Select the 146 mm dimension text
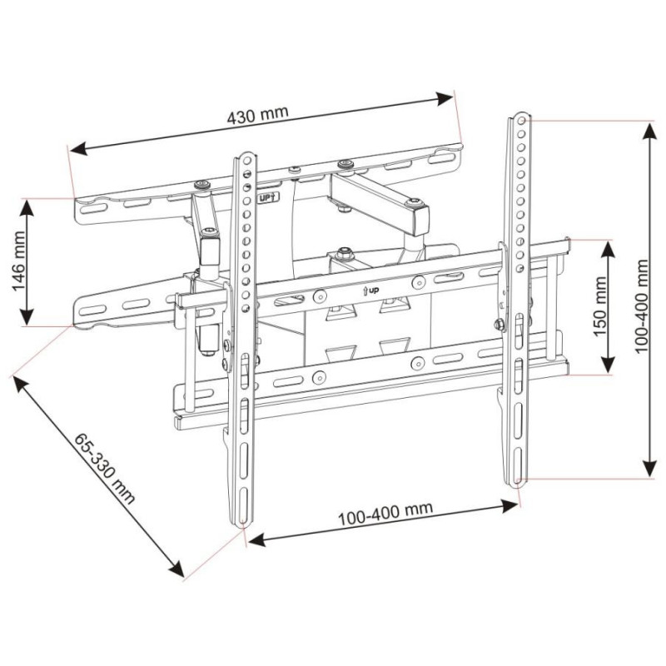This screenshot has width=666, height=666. [x=22, y=261]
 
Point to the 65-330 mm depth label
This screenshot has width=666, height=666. [x=104, y=470]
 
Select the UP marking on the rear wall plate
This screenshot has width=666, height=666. [x=266, y=198]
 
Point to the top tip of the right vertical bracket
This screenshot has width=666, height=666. [x=519, y=115]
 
